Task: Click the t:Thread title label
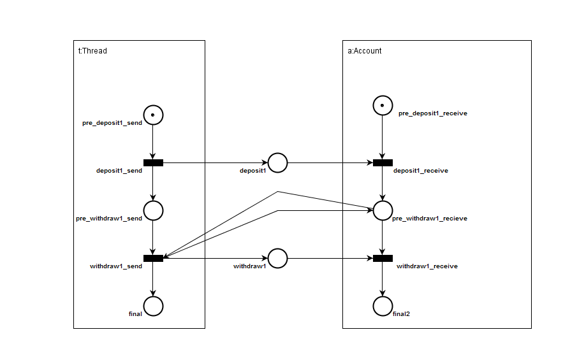point(92,51)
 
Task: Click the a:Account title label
point(365,51)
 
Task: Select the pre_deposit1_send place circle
point(153,115)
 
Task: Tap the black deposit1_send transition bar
point(153,162)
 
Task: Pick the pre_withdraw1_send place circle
point(153,210)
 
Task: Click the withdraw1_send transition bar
point(153,258)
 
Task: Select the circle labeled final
point(153,306)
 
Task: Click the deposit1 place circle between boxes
point(277,162)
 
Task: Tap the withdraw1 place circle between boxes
point(277,258)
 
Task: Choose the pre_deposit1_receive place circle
point(382,105)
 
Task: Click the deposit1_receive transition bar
point(382,162)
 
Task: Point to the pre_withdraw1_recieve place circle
point(382,210)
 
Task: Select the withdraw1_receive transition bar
point(382,258)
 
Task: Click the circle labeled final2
point(382,306)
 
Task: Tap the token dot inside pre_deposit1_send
point(153,115)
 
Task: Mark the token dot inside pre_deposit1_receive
point(382,105)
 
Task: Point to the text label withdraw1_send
point(116,266)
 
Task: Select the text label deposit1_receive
point(420,171)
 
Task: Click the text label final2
point(402,314)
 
